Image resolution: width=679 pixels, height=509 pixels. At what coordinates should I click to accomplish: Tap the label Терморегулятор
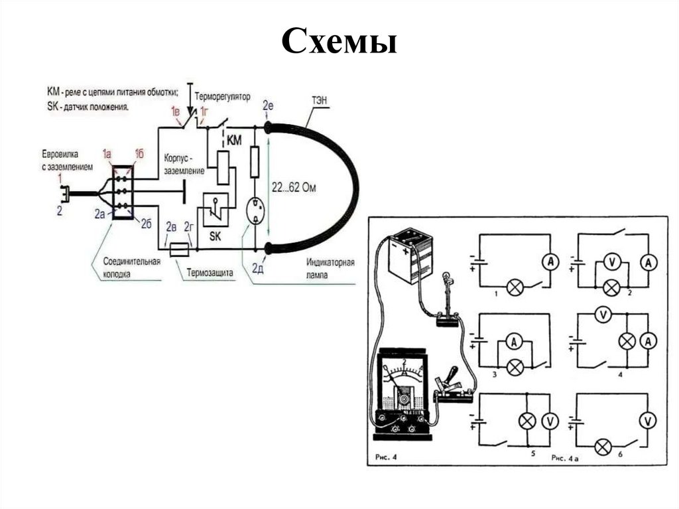tap(223, 97)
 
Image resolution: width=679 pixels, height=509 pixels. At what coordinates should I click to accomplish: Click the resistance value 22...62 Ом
tap(294, 188)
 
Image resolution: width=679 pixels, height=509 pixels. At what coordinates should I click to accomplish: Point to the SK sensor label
tap(215, 236)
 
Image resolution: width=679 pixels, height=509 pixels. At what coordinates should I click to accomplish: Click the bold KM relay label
tap(235, 141)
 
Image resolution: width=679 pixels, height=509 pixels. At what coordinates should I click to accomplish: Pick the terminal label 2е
tap(268, 106)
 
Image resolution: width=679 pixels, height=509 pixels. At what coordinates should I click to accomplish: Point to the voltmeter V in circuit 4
tap(602, 315)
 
